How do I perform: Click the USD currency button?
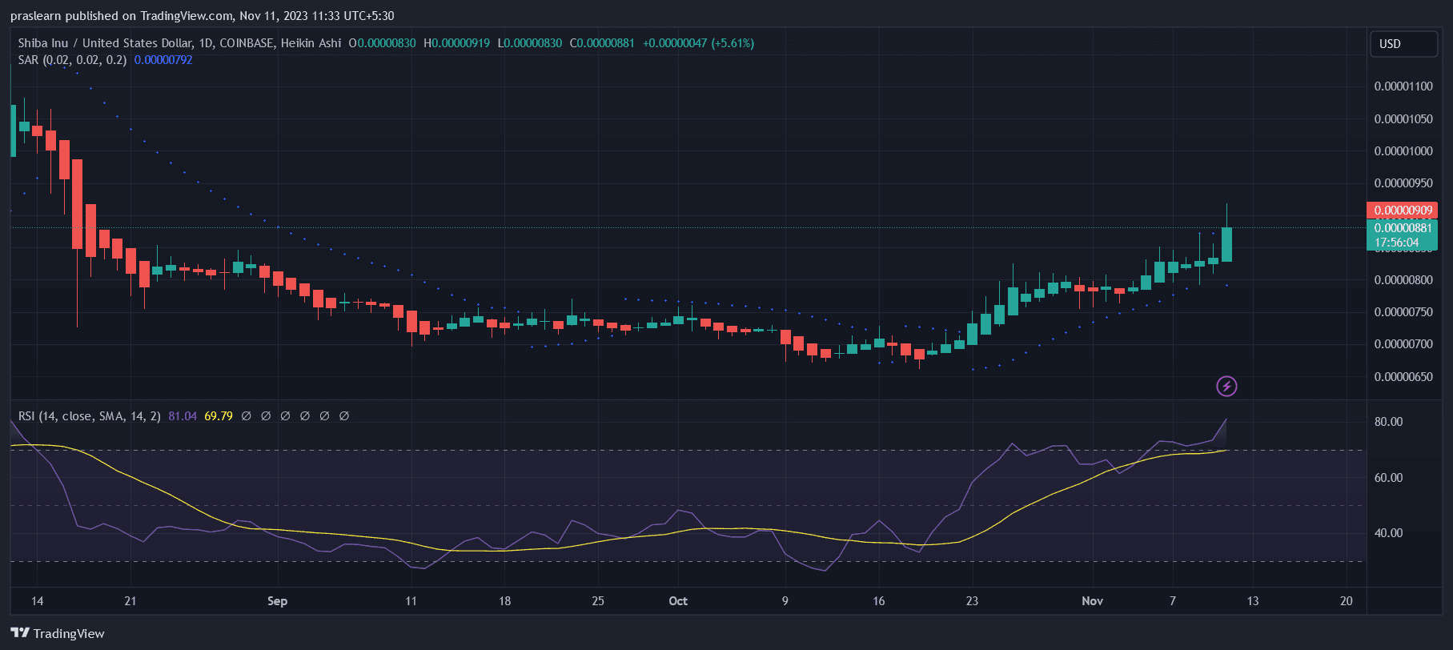click(x=1403, y=44)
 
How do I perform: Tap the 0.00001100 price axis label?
click(x=1403, y=86)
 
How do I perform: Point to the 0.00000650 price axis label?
click(x=1403, y=377)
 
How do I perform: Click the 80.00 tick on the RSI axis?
click(x=1388, y=422)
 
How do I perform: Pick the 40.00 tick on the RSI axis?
click(x=1388, y=533)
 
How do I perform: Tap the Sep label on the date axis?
click(x=277, y=601)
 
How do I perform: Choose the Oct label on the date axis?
click(x=678, y=601)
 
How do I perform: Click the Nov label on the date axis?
click(x=1092, y=601)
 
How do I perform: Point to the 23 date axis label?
click(x=972, y=601)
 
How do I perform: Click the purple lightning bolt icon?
click(x=1226, y=387)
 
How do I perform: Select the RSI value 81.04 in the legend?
click(x=183, y=416)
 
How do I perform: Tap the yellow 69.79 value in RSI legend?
click(x=219, y=416)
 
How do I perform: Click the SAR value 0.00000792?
click(x=163, y=60)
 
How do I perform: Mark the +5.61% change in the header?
click(x=733, y=43)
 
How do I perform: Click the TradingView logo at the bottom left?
click(x=58, y=633)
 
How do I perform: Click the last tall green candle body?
click(x=1226, y=244)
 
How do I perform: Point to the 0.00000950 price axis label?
click(x=1403, y=183)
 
